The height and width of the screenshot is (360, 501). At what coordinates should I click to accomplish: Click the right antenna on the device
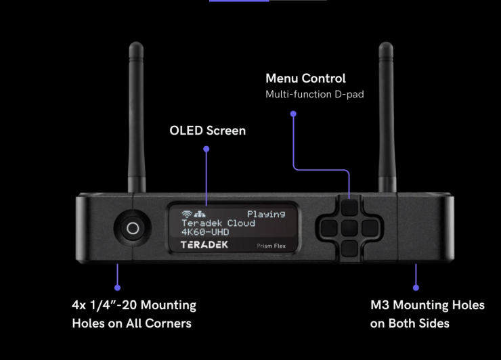(x=386, y=115)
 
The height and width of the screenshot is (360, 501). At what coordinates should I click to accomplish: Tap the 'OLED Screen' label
(x=208, y=130)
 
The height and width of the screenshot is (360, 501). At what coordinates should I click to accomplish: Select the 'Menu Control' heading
(x=305, y=78)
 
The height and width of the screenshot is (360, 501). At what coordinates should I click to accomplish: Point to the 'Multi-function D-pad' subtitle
(x=314, y=94)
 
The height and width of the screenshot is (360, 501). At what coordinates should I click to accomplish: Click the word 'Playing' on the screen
(x=265, y=215)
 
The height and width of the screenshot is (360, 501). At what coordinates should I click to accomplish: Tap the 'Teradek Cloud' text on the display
(x=218, y=223)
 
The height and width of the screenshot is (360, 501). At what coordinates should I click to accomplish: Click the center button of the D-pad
(x=348, y=227)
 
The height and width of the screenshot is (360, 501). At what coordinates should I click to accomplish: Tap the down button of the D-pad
(x=348, y=246)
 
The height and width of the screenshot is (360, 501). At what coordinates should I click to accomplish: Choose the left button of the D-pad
(x=328, y=227)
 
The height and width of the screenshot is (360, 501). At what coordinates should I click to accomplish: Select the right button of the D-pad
(x=368, y=227)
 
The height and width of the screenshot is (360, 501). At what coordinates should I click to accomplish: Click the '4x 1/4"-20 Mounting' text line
(x=134, y=305)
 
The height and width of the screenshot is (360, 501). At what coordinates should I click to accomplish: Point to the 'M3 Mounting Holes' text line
(x=427, y=305)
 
